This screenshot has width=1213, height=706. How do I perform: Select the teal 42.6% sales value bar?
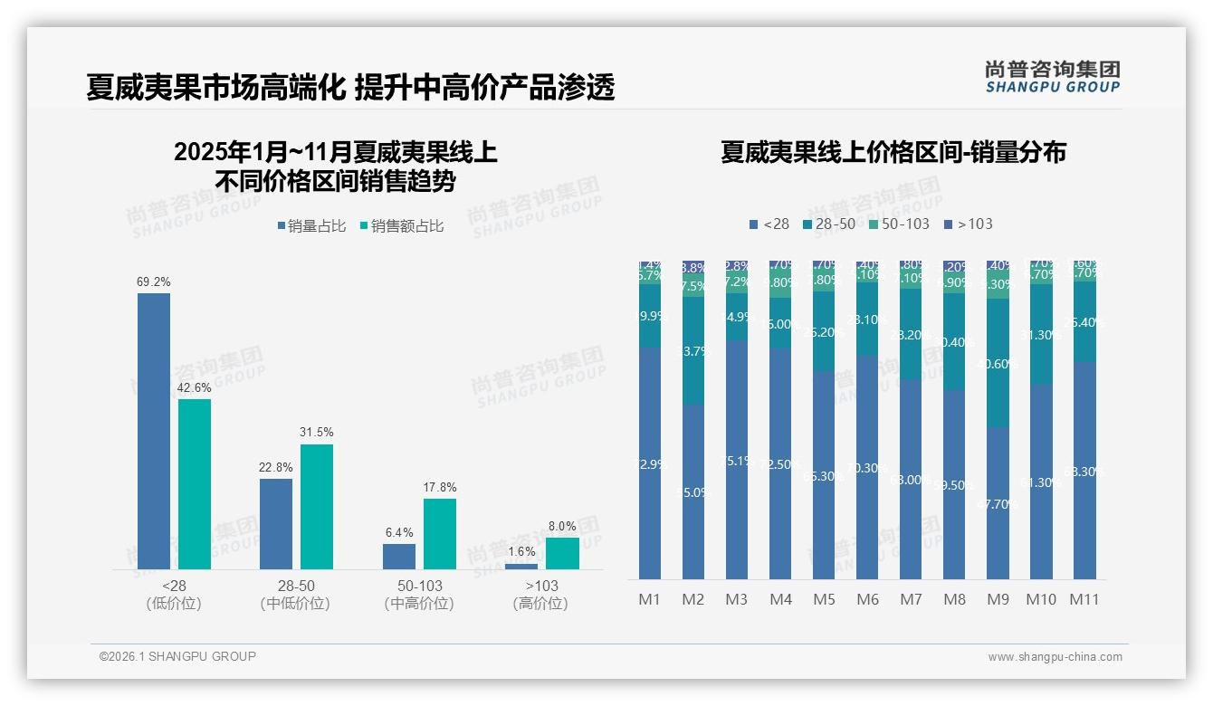tap(195, 484)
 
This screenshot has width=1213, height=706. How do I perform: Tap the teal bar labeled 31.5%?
tap(317, 507)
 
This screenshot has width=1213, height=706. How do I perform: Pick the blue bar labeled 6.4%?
tap(399, 557)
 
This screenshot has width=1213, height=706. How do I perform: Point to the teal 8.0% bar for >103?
tap(562, 554)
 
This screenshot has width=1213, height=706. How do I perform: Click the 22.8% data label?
tap(276, 467)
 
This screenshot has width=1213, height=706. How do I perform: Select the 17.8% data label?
tap(440, 487)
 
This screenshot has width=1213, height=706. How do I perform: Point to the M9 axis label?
tap(998, 599)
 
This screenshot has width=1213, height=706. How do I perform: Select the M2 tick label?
tap(693, 599)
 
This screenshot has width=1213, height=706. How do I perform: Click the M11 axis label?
tap(1084, 599)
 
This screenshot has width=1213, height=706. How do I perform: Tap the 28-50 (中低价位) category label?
tap(295, 595)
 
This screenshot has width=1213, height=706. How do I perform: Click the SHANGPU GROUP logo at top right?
tap(1053, 76)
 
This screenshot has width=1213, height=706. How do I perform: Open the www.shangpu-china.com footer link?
tap(1055, 657)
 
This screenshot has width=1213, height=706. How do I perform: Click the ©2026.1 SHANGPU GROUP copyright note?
tap(177, 656)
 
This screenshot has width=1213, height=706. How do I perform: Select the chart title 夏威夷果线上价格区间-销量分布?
tap(893, 152)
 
